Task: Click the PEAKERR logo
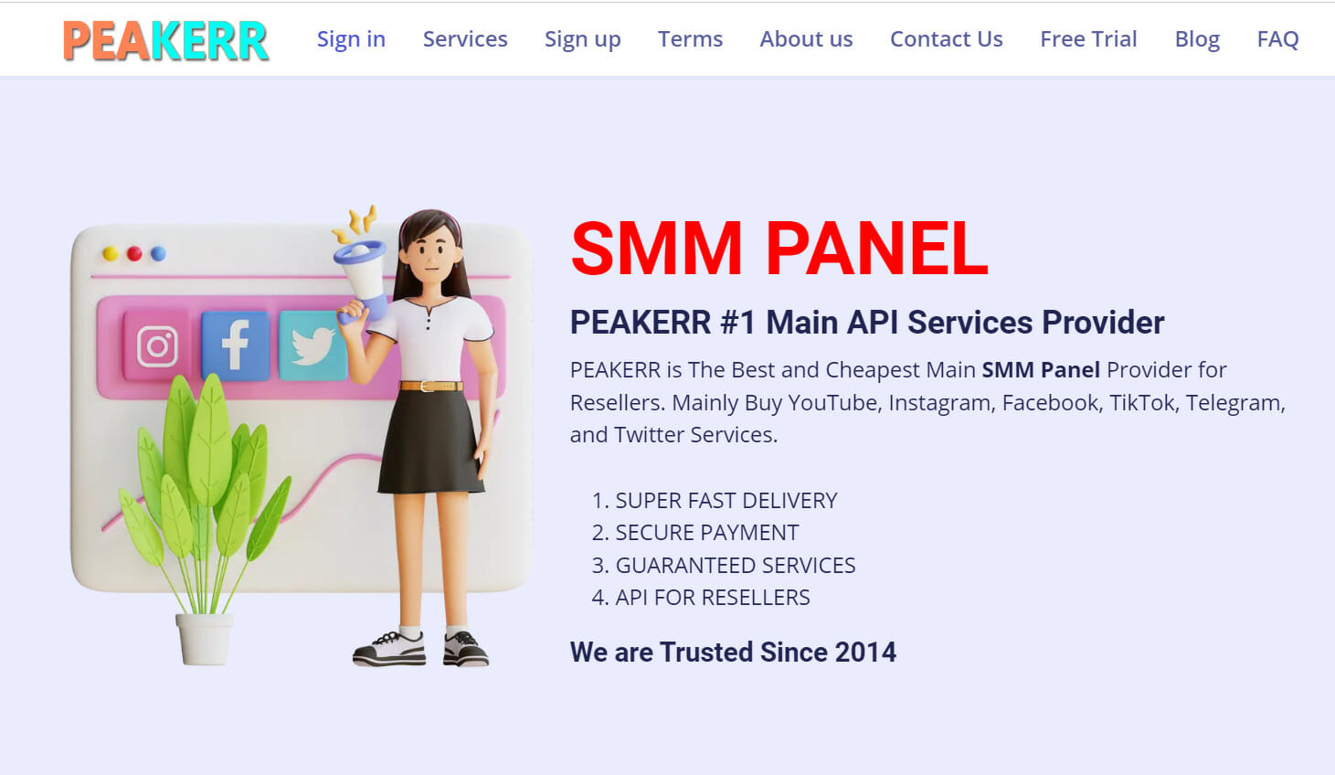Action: (165, 40)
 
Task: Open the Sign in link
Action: (351, 39)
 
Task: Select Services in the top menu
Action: (465, 39)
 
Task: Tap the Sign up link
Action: (583, 39)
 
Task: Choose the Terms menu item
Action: (690, 39)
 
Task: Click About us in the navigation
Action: (806, 39)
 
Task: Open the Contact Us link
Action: (947, 39)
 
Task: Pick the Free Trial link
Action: (1088, 39)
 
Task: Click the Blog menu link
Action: (1197, 39)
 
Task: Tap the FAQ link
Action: (1277, 39)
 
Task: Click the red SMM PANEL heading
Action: (779, 248)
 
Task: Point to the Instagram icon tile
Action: (157, 346)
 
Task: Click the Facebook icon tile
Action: (235, 345)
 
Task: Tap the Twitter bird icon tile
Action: (313, 345)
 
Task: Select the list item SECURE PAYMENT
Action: (706, 533)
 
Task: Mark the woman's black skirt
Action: (430, 443)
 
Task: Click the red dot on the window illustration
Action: (134, 253)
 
